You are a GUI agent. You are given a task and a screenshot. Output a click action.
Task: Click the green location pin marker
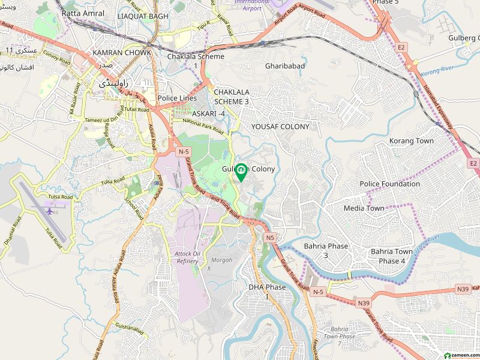click(241, 172)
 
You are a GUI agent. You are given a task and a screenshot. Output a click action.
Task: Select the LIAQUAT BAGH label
click(143, 16)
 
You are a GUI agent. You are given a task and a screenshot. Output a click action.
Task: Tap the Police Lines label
click(177, 98)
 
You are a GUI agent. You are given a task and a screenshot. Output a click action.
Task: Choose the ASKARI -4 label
click(209, 113)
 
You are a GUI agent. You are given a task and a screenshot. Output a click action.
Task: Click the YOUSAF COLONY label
click(280, 127)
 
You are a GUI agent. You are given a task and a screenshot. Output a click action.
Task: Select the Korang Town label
click(412, 141)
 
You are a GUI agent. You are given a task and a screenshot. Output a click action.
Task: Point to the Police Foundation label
click(390, 184)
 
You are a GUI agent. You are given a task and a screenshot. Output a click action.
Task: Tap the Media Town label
click(364, 208)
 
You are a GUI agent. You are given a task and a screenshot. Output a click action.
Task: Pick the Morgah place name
click(223, 260)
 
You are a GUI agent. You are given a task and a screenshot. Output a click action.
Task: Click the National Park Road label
click(203, 126)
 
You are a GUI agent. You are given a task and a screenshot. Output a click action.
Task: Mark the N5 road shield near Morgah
click(270, 238)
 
